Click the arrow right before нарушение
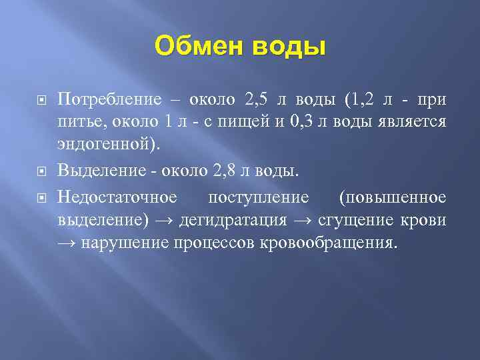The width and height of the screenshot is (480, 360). (67, 243)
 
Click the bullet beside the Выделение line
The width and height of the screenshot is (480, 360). (41, 171)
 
